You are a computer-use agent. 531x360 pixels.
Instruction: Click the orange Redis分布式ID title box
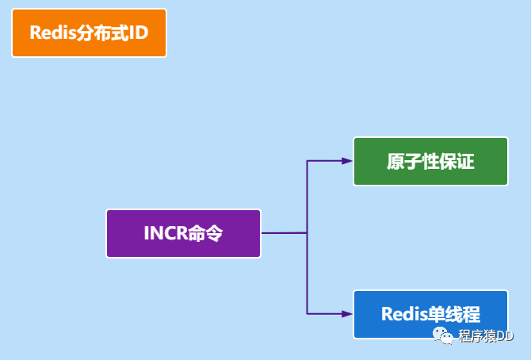tap(89, 33)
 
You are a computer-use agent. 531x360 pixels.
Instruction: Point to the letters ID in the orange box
tap(138, 33)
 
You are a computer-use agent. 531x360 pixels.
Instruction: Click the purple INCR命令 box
tap(183, 233)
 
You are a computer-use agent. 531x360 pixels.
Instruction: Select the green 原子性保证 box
tap(430, 161)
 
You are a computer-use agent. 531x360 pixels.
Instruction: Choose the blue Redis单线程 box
tap(430, 314)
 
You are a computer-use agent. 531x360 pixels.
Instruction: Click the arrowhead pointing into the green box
tap(347, 161)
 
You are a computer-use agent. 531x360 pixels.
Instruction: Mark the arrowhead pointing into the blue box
tap(347, 314)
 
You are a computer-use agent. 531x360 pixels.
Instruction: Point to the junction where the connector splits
tap(307, 233)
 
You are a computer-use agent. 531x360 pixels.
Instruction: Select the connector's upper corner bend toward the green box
tap(307, 161)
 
